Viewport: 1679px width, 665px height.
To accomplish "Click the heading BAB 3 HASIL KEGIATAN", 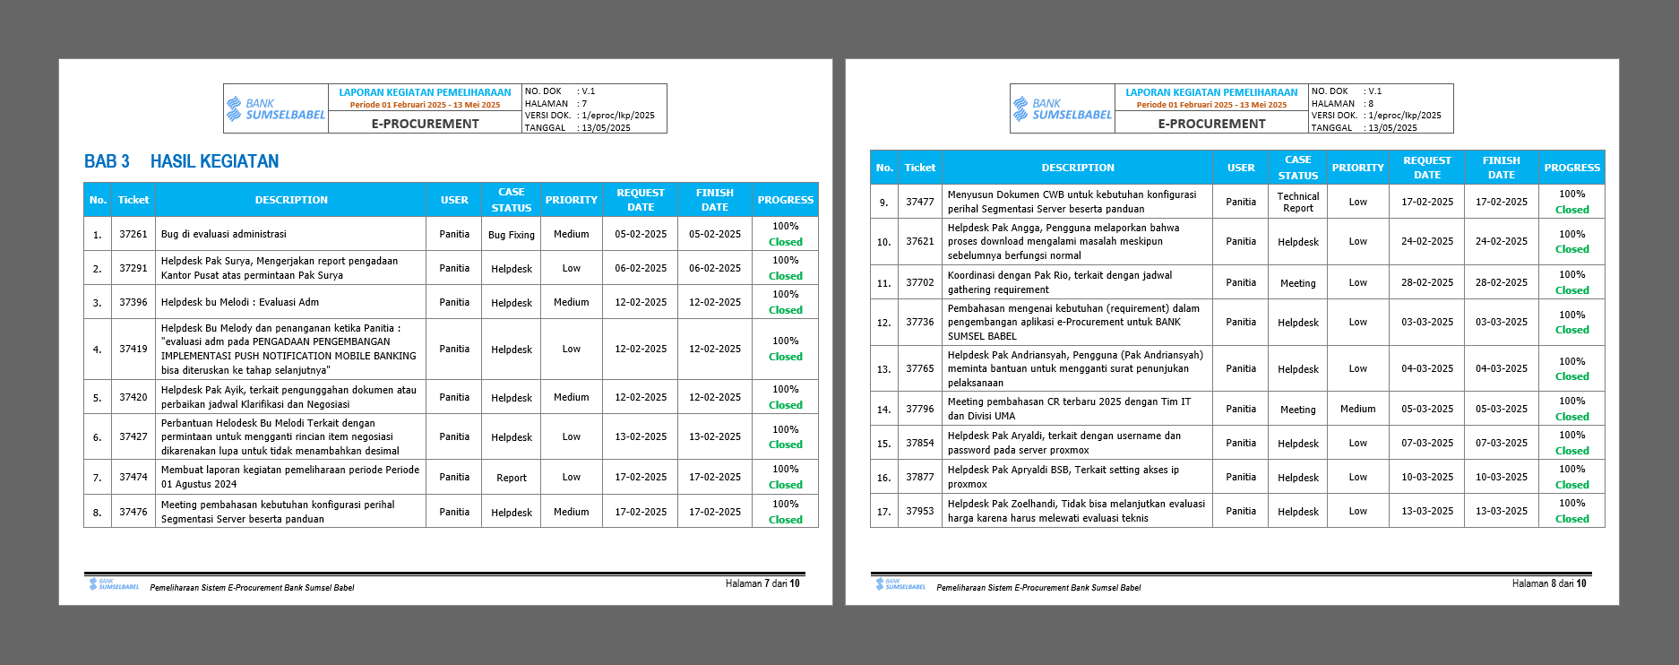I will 181,161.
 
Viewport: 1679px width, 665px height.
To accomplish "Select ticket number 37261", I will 133,234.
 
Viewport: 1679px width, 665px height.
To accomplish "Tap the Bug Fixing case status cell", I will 512,235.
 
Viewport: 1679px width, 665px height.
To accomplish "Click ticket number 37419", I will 133,349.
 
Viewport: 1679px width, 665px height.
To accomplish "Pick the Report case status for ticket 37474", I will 512,478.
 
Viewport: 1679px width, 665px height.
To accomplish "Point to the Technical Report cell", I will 1298,203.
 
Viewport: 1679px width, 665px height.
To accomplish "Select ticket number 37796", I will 920,409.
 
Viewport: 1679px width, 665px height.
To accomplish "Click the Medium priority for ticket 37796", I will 1358,409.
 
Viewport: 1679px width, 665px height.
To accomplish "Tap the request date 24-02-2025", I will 1427,241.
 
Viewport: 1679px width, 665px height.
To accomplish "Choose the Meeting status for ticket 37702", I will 1298,283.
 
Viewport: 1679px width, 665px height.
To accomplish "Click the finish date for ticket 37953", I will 1502,511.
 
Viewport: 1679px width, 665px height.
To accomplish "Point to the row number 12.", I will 884,323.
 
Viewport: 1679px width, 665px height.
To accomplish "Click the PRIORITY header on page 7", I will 572,200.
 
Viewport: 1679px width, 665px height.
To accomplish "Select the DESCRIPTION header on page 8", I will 1078,168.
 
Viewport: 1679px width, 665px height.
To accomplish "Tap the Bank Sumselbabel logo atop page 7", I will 276,109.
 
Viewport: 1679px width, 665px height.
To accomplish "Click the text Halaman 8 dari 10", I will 1549,583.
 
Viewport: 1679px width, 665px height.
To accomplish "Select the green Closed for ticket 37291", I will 786,276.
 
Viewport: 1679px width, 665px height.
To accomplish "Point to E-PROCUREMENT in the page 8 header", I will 1211,124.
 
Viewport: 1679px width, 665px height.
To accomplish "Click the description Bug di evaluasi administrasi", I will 224,234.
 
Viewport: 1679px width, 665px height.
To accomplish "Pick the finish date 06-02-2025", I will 715,268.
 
